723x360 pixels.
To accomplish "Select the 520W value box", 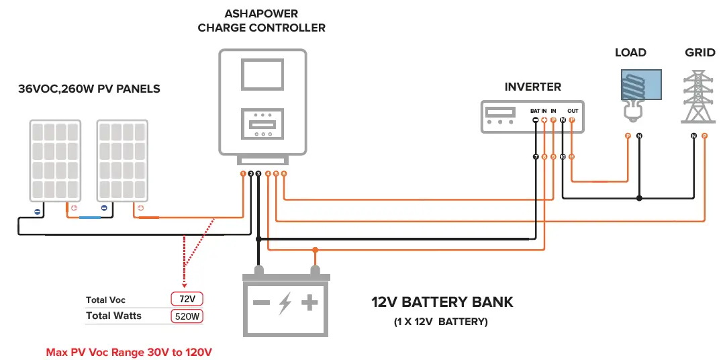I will pos(187,316).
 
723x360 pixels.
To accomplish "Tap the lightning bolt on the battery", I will pos(285,303).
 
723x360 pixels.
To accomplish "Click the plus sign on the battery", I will pos(309,303).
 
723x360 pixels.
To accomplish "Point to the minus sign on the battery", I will pos(261,303).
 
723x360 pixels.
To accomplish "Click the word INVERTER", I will pos(532,87).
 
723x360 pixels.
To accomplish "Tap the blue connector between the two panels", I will pos(89,218).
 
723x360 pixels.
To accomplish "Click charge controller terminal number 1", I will pos(243,174).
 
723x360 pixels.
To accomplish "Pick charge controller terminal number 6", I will pos(284,174).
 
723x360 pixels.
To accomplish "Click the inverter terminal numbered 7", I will pos(536,156).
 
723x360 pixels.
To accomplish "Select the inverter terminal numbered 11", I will pos(571,156).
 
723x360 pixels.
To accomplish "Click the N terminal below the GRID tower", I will pos(693,136).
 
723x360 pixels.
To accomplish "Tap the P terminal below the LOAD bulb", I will pos(628,136).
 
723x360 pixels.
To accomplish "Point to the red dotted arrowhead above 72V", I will pos(184,283).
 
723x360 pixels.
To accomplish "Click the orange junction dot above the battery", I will pos(314,250).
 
